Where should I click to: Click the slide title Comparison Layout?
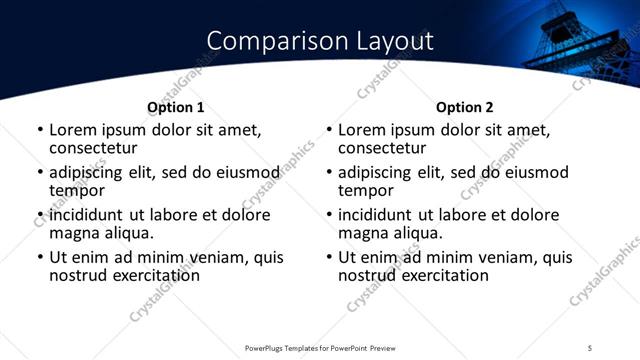click(320, 41)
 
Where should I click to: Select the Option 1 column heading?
click(176, 108)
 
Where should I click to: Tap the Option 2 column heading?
click(465, 108)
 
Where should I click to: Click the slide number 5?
click(591, 348)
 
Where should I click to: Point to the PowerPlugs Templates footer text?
click(319, 348)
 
